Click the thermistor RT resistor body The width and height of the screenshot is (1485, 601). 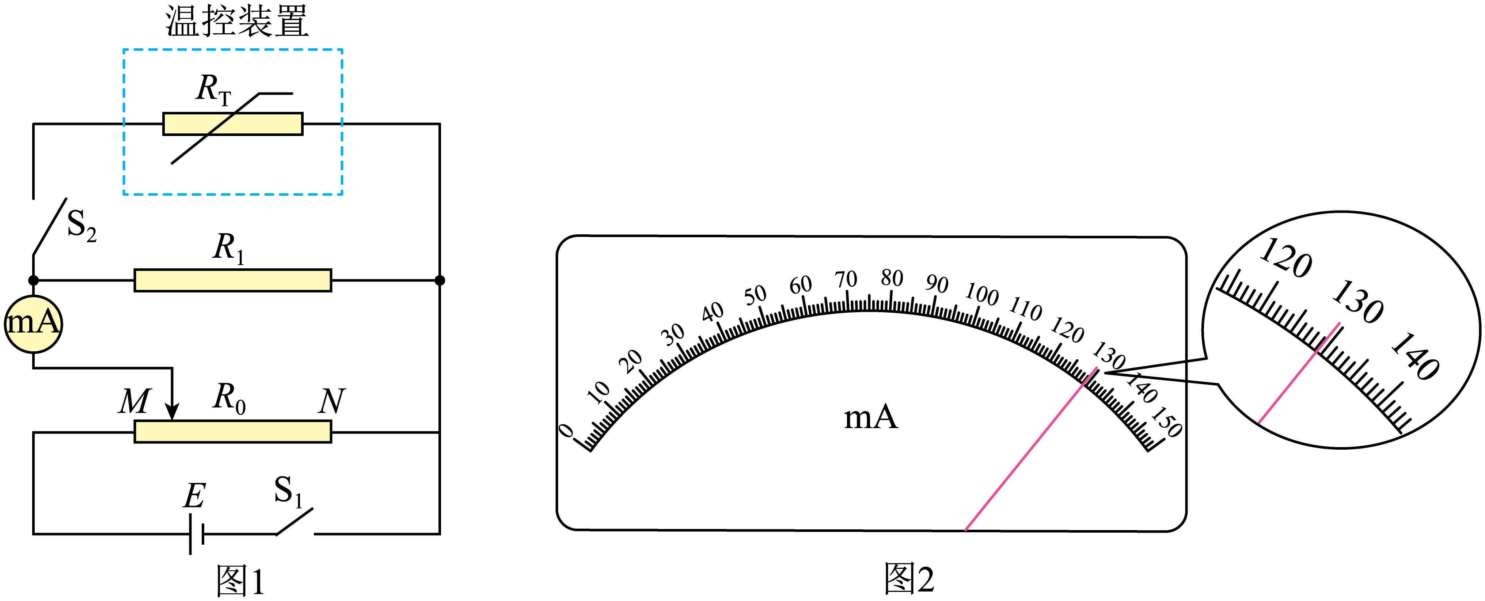pyautogui.click(x=232, y=124)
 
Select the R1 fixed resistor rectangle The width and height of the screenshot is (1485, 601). pyautogui.click(x=232, y=280)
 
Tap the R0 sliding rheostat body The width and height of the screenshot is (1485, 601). pyautogui.click(x=232, y=431)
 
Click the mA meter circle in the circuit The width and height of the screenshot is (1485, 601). pyautogui.click(x=34, y=324)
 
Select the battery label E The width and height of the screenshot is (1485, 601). pyautogui.click(x=194, y=495)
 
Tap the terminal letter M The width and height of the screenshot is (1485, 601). pyautogui.click(x=135, y=401)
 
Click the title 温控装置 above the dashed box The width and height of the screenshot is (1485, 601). pyautogui.click(x=237, y=21)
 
